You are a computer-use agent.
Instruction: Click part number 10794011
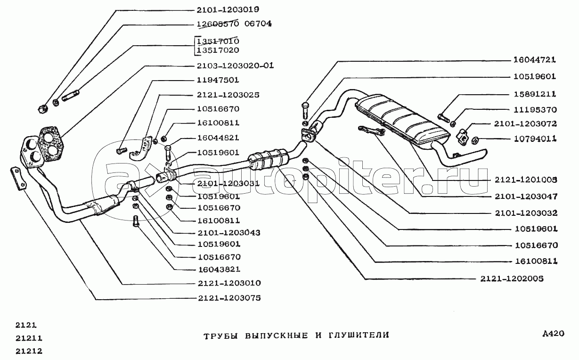point(535,139)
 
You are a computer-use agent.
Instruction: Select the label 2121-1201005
point(526,179)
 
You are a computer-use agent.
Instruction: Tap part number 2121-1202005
point(512,278)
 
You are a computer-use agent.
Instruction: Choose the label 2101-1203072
point(526,124)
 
